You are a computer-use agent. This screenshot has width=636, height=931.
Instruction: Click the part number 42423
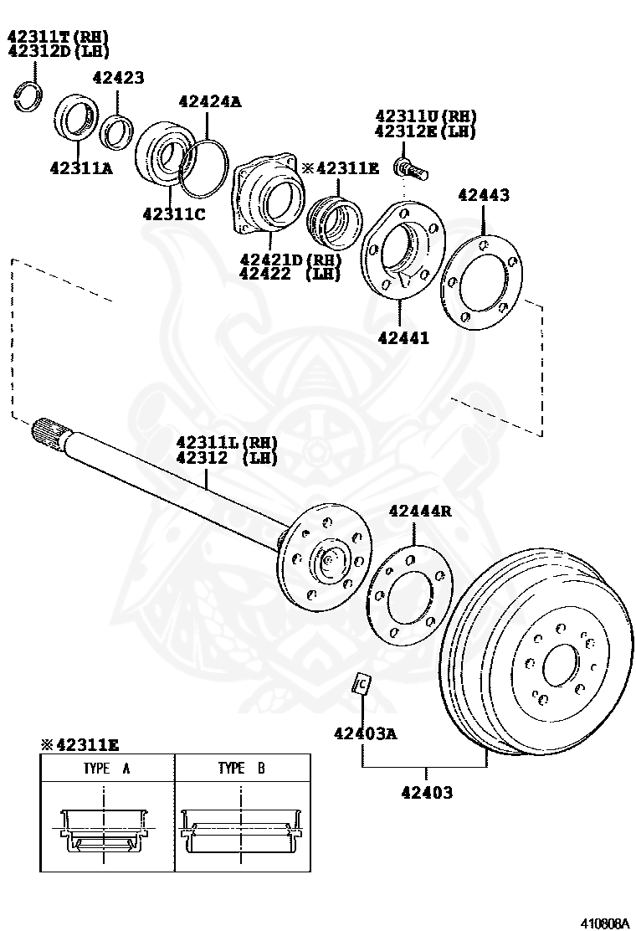118,78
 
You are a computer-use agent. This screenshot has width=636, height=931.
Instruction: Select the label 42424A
209,102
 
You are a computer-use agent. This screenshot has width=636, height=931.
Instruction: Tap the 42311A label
81,167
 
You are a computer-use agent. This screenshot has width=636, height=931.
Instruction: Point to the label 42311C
174,213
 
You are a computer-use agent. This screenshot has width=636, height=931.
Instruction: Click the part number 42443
483,195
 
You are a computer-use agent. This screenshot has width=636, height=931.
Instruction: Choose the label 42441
403,338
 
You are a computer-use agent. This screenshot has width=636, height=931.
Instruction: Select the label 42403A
365,733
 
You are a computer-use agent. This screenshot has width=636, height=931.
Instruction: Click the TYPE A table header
106,767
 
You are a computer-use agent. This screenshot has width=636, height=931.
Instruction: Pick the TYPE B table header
241,767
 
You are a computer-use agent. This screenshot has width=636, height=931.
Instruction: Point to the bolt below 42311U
410,167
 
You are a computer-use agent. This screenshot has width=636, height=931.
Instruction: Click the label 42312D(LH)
59,51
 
